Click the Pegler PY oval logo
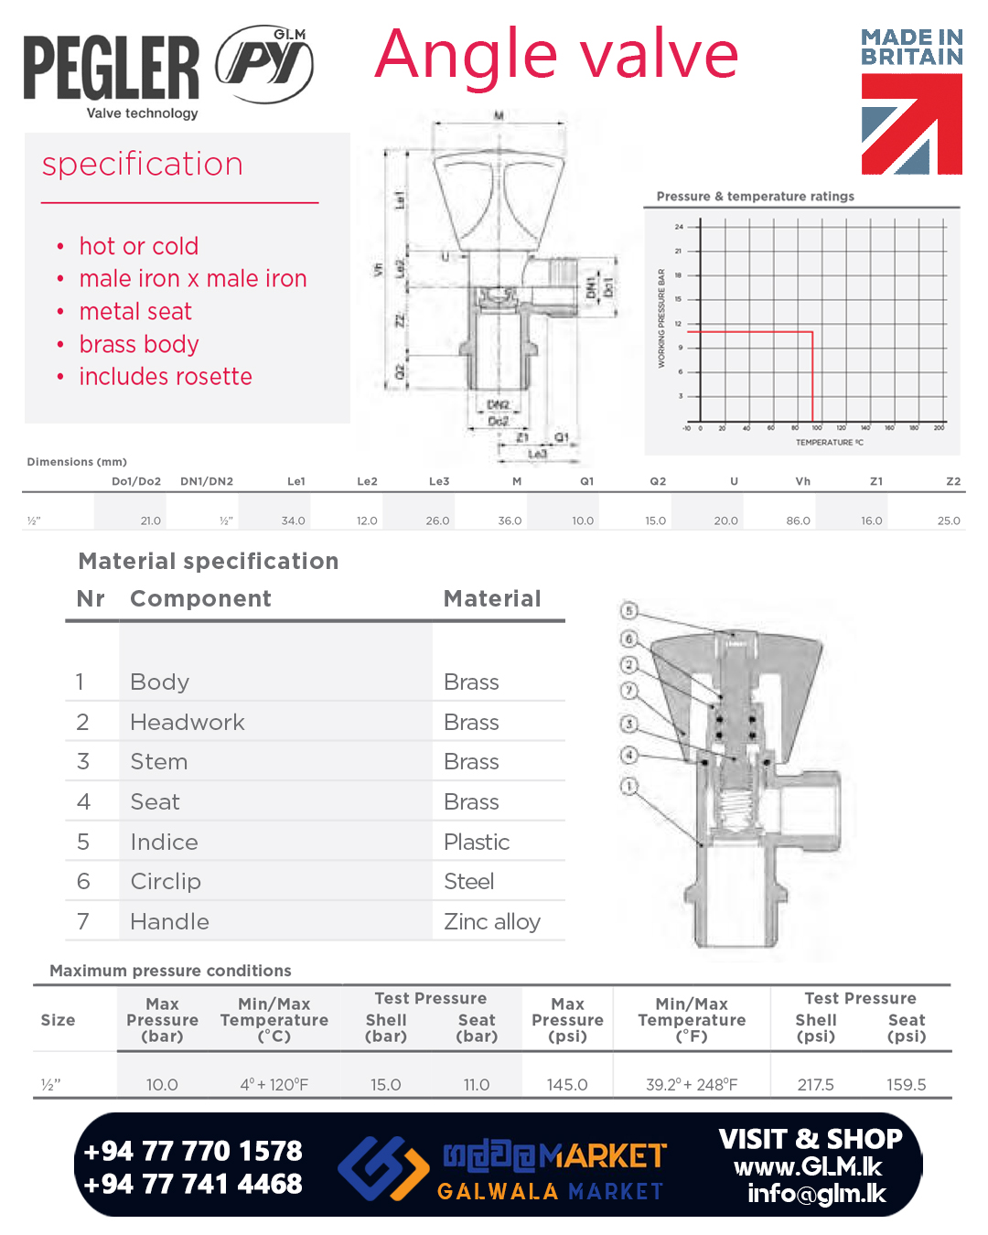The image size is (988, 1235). click(264, 64)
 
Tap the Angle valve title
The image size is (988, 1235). click(556, 55)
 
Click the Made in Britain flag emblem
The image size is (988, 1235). click(911, 123)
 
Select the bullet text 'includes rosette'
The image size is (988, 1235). click(166, 377)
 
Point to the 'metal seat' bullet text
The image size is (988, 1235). click(135, 312)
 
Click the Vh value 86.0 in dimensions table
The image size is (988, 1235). click(798, 521)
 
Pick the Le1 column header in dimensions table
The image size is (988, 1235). click(295, 481)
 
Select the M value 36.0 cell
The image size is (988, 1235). click(510, 521)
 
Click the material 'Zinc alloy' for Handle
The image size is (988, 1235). click(492, 921)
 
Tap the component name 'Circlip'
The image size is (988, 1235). click(166, 881)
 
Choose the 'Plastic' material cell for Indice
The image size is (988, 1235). click(477, 842)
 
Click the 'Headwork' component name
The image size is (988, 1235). click(188, 722)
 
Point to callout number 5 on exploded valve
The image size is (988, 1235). click(628, 610)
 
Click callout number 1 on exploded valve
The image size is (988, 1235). click(628, 786)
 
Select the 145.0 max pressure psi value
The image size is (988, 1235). click(567, 1084)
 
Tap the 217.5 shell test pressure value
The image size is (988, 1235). click(815, 1084)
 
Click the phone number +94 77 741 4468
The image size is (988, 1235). click(193, 1184)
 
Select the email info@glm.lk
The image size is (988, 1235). click(817, 1194)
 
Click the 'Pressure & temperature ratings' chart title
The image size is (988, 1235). click(755, 196)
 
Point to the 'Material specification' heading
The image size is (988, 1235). click(209, 561)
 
